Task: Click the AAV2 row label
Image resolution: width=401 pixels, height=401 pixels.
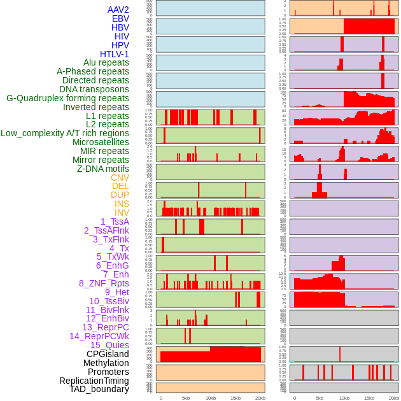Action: [x=118, y=10]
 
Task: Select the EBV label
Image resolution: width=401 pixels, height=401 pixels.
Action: [x=120, y=19]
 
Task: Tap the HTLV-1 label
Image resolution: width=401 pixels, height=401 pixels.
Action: [x=115, y=54]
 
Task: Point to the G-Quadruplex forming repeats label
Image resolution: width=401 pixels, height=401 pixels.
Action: [x=67, y=98]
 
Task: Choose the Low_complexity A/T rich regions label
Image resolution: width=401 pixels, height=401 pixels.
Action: [x=65, y=133]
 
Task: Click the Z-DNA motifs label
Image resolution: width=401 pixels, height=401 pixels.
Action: [x=103, y=169]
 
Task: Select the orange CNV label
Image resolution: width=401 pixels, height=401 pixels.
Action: [x=120, y=178]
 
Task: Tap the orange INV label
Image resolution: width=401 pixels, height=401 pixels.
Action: [x=122, y=213]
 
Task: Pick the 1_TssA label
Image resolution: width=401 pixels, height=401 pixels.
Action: [x=115, y=222]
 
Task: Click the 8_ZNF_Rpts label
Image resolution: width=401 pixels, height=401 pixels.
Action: [x=104, y=283]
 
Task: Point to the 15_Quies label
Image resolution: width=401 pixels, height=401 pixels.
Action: [x=109, y=345]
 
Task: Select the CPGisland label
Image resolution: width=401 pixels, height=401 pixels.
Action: [x=108, y=354]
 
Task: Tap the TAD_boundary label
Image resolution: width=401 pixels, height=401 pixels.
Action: [x=99, y=389]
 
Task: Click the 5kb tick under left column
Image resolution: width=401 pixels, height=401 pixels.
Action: [x=186, y=398]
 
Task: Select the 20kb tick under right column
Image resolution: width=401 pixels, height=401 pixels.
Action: [x=394, y=398]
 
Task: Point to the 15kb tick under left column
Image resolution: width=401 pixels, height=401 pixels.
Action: [x=235, y=398]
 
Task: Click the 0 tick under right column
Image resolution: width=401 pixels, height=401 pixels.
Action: [x=294, y=398]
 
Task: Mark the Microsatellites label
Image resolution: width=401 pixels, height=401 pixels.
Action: [x=101, y=142]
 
